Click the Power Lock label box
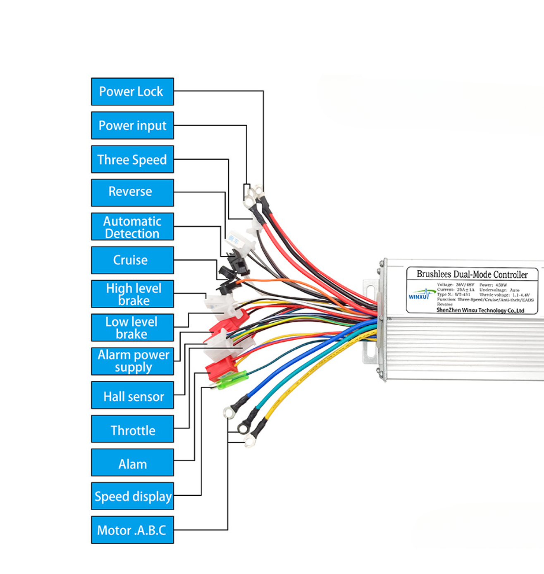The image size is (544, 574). click(132, 91)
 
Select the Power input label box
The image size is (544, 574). click(132, 125)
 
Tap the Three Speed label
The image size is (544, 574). click(132, 159)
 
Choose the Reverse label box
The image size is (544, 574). click(132, 192)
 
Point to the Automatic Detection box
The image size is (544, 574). click(132, 227)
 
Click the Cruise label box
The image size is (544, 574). click(132, 260)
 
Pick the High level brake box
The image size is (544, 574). click(132, 294)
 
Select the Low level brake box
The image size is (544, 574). click(132, 328)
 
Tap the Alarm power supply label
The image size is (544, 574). click(132, 361)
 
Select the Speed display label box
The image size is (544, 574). click(132, 496)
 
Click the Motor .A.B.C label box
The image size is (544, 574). click(132, 530)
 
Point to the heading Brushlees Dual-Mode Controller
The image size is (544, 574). click(472, 274)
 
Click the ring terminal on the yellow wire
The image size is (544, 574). click(249, 440)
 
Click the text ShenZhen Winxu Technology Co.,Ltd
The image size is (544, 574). click(480, 310)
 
